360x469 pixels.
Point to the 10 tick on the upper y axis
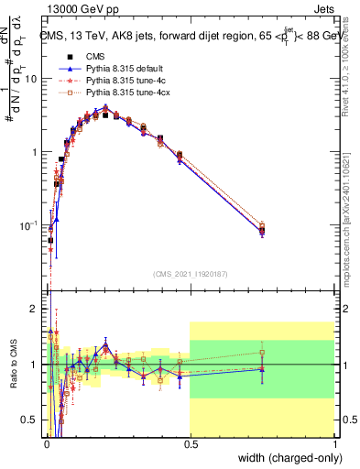(30, 79)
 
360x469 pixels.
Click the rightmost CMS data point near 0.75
(262, 231)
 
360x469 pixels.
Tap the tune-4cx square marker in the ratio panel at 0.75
(262, 352)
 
